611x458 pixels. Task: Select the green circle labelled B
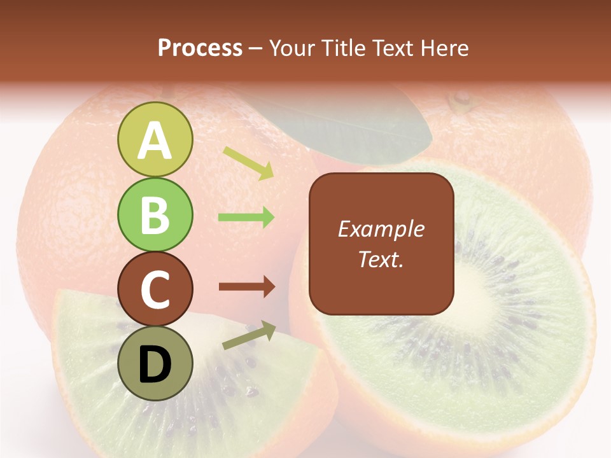point(155,214)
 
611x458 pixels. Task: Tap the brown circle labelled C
point(155,289)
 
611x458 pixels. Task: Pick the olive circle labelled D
point(155,363)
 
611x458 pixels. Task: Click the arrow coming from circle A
point(249,163)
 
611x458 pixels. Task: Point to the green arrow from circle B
point(246,218)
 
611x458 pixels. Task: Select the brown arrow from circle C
point(247,287)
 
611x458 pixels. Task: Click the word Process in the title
point(200,48)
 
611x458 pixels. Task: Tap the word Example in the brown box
point(381,229)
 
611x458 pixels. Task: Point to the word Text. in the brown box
point(381,259)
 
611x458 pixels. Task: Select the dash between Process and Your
point(256,48)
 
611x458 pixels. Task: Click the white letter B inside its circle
point(155,214)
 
